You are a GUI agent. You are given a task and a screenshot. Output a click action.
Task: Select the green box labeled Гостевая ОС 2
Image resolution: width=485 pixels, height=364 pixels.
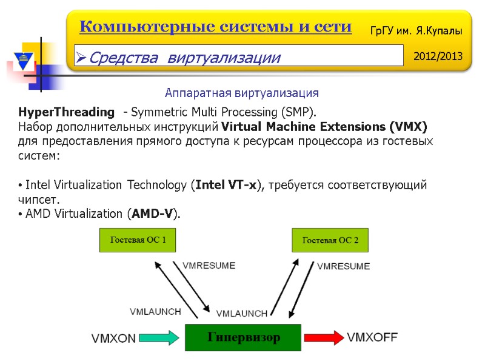click(330, 240)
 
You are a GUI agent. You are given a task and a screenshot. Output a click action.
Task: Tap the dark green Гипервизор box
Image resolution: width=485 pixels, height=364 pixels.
click(244, 337)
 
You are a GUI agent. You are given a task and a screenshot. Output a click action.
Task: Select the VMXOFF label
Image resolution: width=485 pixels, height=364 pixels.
click(372, 337)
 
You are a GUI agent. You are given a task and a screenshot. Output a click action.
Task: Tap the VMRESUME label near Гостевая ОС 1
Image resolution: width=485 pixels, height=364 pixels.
click(209, 266)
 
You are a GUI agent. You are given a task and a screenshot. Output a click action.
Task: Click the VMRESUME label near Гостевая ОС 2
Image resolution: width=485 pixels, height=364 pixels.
click(343, 266)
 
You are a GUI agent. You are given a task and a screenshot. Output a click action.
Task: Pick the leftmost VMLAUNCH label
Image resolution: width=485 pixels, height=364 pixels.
click(155, 311)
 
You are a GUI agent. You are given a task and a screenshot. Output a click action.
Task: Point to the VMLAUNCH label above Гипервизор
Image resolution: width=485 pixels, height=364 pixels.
click(241, 314)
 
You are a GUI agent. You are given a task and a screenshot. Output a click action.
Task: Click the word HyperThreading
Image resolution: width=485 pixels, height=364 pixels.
click(66, 112)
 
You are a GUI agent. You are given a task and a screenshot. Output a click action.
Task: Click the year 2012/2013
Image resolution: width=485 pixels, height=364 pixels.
click(437, 56)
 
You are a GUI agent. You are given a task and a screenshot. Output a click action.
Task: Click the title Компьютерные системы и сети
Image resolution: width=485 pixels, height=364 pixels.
click(215, 27)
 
